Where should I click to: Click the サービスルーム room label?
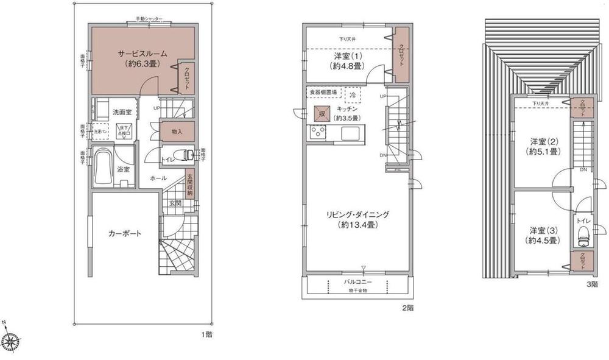(142, 54)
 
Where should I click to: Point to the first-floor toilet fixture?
(183, 154)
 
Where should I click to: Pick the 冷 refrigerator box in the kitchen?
(353, 95)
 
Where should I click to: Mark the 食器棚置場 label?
(323, 92)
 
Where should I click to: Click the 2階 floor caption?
(408, 308)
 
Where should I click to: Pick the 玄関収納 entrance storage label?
(189, 185)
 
